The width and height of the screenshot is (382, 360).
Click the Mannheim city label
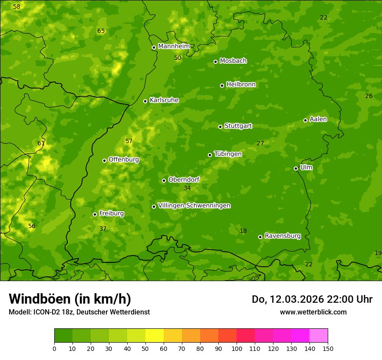[x=174, y=46]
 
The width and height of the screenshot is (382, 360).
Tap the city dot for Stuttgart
[x=220, y=127]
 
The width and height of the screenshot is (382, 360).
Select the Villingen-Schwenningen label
[x=194, y=206]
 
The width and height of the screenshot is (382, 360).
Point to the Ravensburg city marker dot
[x=260, y=237]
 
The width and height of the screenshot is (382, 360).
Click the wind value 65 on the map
[x=101, y=31]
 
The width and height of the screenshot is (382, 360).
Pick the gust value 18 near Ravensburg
[x=243, y=231]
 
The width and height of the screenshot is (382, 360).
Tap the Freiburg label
[x=111, y=213]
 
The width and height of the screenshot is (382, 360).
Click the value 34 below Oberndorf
[x=187, y=188]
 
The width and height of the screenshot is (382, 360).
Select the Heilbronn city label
[x=241, y=85]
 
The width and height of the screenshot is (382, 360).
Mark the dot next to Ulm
[x=296, y=168]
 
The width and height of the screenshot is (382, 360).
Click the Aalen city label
[x=318, y=119]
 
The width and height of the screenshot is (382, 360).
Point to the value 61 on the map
[x=41, y=143]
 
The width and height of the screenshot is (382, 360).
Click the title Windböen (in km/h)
[x=70, y=299]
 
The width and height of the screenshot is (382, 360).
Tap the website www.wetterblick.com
[x=313, y=312]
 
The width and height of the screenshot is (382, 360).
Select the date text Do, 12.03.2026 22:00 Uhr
[x=312, y=299]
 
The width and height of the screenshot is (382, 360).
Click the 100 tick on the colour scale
[x=237, y=348]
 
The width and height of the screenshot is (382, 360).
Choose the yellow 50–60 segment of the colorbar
[x=155, y=336]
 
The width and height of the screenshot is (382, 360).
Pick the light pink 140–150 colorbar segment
[x=319, y=336]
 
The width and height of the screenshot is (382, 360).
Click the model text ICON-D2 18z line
[x=79, y=312]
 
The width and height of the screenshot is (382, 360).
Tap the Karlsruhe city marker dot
[x=145, y=101]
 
